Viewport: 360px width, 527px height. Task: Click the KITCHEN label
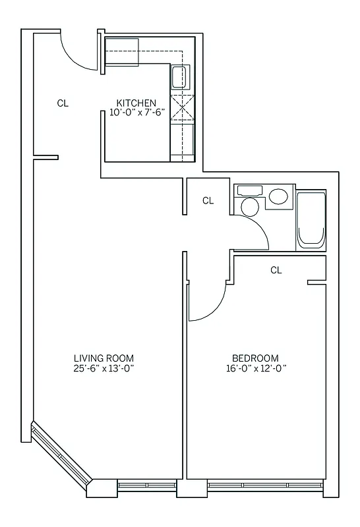click(x=136, y=103)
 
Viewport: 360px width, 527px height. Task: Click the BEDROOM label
click(x=256, y=358)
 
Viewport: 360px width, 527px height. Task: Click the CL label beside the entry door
click(x=63, y=103)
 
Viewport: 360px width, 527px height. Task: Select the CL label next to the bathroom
click(x=208, y=201)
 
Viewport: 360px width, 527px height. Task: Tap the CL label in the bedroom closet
click(x=276, y=270)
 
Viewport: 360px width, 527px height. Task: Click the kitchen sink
click(x=179, y=78)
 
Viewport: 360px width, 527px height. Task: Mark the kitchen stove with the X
click(x=182, y=107)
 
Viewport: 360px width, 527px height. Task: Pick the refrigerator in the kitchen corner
click(x=122, y=51)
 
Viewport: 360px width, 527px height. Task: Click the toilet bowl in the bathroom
click(x=249, y=206)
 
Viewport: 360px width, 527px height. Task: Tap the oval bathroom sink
click(x=278, y=196)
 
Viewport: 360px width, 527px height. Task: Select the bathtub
click(x=311, y=221)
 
